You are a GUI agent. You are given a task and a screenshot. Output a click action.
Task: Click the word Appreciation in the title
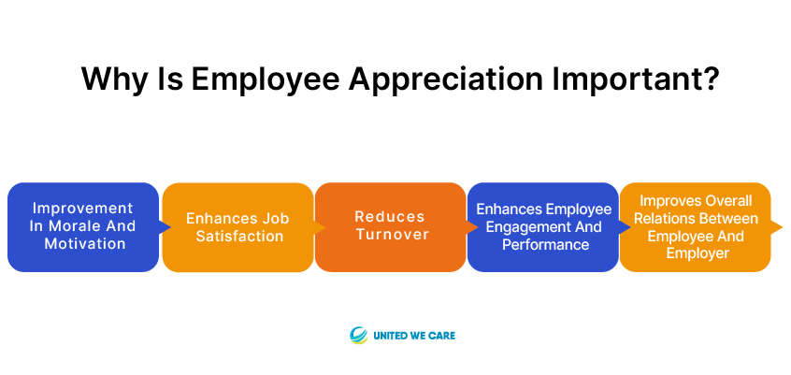(445, 79)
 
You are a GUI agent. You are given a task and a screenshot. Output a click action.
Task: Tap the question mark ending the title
(709, 79)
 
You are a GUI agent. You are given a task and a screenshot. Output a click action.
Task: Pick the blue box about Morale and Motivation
(83, 227)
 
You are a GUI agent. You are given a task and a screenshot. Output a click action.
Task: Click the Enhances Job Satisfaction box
(237, 227)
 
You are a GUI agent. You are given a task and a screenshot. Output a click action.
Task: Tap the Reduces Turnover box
(391, 227)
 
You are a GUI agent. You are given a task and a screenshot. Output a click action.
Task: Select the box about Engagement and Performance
(543, 227)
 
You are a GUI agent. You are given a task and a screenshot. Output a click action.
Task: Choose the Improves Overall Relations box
(696, 227)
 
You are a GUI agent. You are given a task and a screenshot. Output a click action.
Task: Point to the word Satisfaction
(239, 237)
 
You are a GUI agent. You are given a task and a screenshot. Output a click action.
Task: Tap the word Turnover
(392, 234)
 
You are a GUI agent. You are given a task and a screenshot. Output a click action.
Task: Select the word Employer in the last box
(698, 252)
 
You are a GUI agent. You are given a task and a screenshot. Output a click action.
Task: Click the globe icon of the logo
(359, 335)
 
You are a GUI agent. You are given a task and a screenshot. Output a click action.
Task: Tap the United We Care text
(414, 335)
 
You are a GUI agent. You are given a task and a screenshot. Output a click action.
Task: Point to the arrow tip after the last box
(782, 227)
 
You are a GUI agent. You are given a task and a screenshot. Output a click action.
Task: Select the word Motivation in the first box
(85, 243)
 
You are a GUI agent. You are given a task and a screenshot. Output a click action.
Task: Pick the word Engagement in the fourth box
(519, 227)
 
